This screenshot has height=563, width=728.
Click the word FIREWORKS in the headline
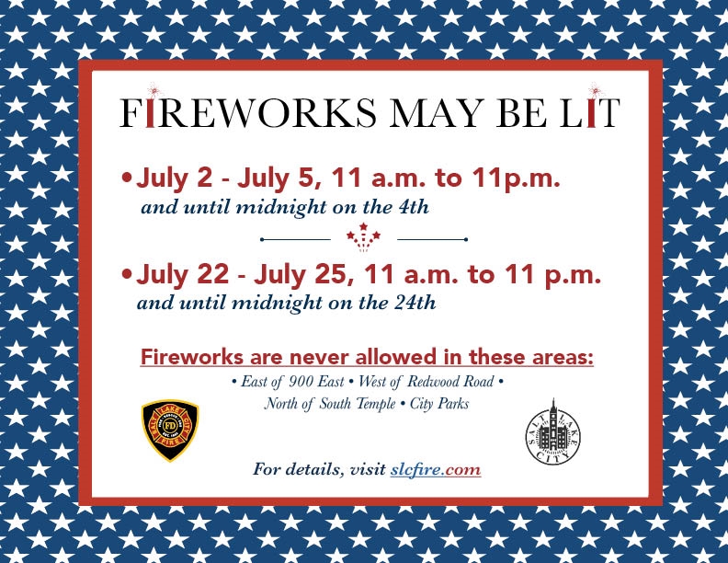coord(248,112)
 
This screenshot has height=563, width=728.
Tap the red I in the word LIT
coord(590,112)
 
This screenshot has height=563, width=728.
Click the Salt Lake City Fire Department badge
coord(170,431)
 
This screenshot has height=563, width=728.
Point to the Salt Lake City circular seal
coord(552,432)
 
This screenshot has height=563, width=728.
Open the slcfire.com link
coord(435,469)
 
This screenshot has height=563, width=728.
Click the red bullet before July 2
coord(126,178)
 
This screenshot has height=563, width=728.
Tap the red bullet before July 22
coord(126,274)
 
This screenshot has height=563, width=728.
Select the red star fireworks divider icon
coord(363,237)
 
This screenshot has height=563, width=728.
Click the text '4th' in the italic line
coord(414,207)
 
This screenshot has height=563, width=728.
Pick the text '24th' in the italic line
coord(415,304)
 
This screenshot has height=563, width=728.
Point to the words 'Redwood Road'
coord(450,382)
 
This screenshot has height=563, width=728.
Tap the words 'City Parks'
coord(439,404)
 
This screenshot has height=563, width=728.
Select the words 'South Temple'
coord(357,403)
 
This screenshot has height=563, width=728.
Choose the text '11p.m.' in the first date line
coord(517,178)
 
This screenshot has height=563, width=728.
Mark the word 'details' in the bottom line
coord(314,469)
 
